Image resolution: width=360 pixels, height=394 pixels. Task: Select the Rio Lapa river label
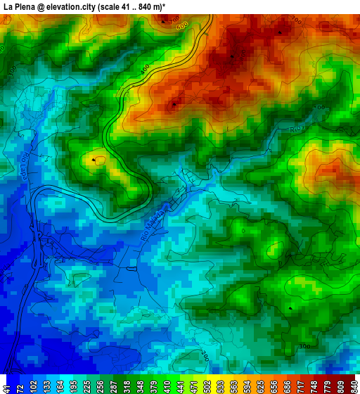pos(22,166)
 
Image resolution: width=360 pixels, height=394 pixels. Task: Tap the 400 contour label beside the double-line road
pos(145,69)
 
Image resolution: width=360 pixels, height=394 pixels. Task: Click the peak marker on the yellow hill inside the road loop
pos(94,160)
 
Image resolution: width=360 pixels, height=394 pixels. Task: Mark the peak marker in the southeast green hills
pos(291,308)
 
